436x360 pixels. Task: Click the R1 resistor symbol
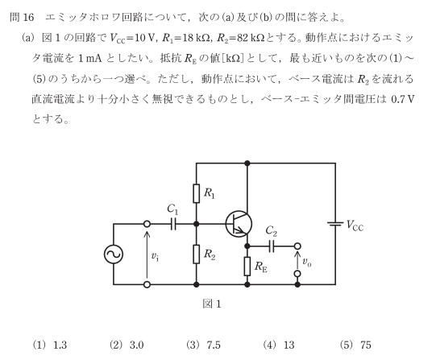pos(197,193)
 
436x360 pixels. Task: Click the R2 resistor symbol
pos(197,254)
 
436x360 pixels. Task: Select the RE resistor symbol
pos(247,267)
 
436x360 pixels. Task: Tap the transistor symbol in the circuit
pos(239,224)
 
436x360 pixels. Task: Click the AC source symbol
pos(114,254)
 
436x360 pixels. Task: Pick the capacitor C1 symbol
pos(173,224)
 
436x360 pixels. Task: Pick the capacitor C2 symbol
pos(272,246)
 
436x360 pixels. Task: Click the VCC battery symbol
pos(335,224)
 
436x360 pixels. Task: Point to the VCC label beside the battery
pos(355,226)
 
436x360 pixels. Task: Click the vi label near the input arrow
pos(155,256)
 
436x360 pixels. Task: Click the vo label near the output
pos(307,262)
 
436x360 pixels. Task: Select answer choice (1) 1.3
pos(50,345)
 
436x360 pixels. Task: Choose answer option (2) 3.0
pos(127,345)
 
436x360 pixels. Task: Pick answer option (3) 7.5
pos(203,345)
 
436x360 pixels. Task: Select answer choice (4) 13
pos(279,345)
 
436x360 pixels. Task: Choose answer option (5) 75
pos(355,345)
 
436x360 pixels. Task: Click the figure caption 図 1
pos(212,304)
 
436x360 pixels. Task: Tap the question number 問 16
pos(22,17)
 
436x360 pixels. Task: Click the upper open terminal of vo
pos(297,246)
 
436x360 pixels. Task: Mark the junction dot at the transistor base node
pos(197,224)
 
